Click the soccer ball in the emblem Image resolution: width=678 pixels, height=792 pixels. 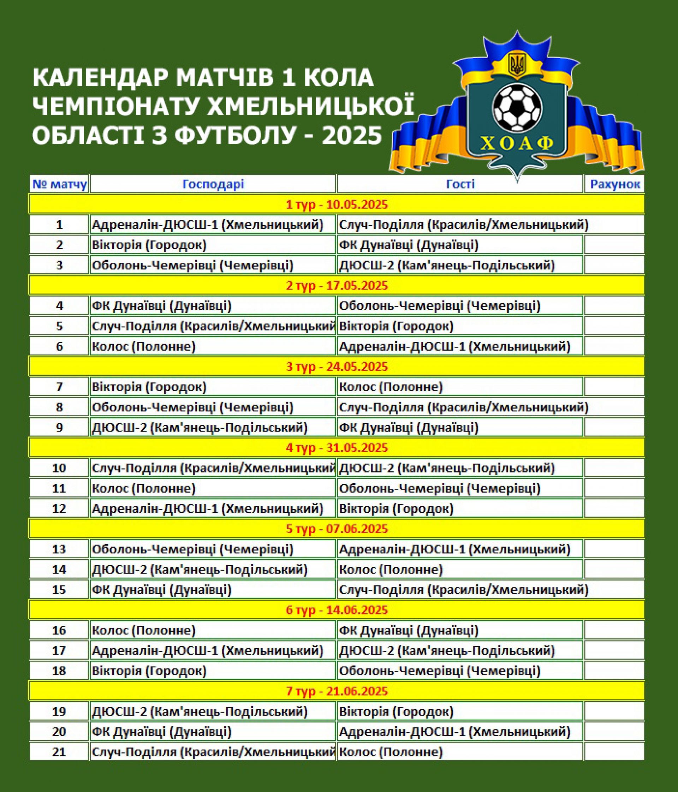tap(517, 108)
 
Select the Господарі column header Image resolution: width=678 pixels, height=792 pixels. tap(213, 184)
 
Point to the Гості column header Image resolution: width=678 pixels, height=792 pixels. tap(460, 184)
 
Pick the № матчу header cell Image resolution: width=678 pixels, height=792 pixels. tap(59, 184)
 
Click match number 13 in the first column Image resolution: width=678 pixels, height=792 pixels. tap(59, 549)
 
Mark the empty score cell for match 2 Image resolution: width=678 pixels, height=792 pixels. tap(614, 245)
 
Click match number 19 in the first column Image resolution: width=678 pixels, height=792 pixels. tap(59, 711)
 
